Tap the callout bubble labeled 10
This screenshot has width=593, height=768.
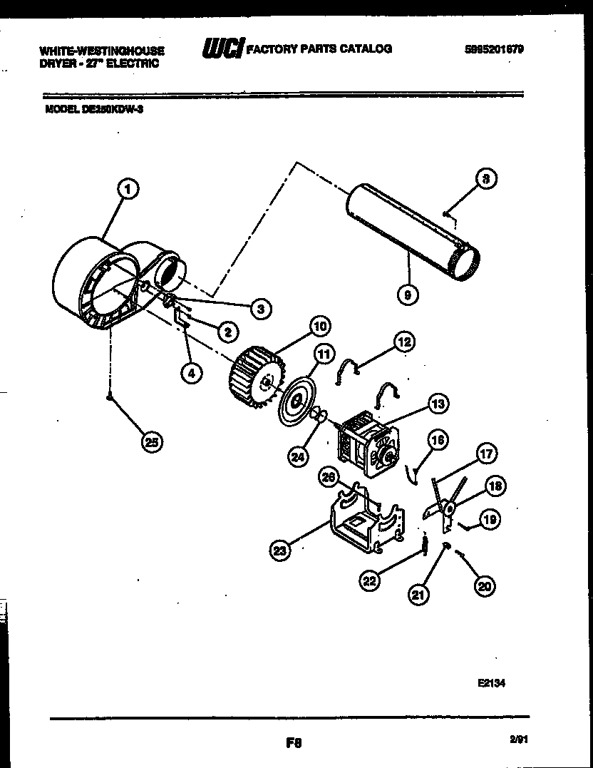[x=319, y=327]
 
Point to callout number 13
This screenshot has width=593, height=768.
[x=438, y=404]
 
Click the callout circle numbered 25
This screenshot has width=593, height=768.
[x=151, y=442]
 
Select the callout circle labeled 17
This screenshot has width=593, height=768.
[x=487, y=454]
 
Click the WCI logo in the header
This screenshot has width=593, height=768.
[x=222, y=49]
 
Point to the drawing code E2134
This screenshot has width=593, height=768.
[x=492, y=682]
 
